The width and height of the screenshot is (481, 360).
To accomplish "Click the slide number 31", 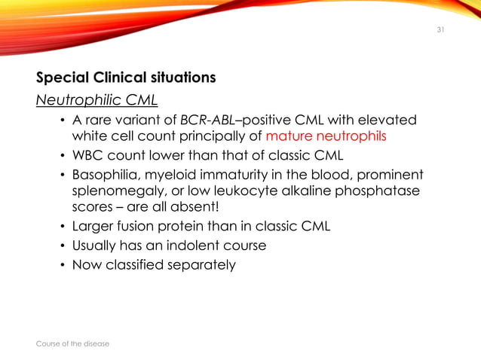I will (441, 30).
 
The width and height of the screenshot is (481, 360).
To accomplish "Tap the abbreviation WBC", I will (87, 156).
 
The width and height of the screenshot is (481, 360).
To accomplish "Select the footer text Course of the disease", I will (72, 343).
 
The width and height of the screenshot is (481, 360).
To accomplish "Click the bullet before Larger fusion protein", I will (62, 227).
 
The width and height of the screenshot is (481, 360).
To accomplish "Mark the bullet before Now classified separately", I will (62, 264).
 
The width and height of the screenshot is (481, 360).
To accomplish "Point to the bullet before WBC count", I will (62, 156).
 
